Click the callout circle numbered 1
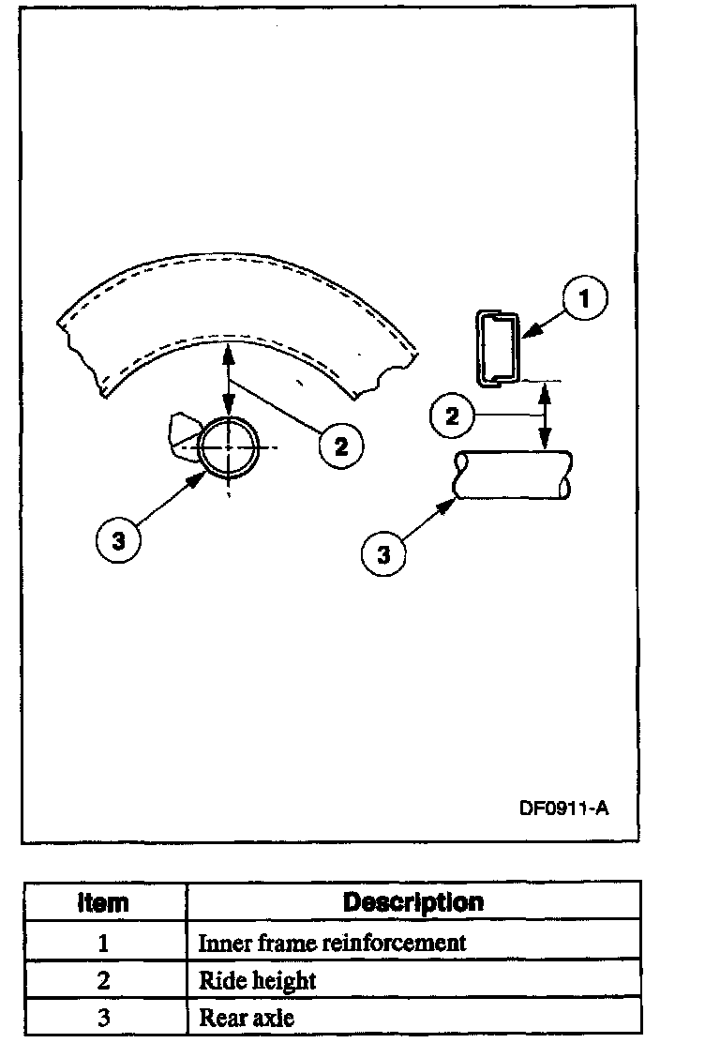584,300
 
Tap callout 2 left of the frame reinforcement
453,416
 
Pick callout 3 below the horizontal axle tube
383,553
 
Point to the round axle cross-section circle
229,448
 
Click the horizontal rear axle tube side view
512,475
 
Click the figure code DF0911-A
563,808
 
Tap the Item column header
103,902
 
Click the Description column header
413,902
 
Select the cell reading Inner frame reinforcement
332,943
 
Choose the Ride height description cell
258,981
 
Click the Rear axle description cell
247,1018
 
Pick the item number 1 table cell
103,943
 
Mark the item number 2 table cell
103,981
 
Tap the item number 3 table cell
103,1018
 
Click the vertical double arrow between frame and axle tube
542,416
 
